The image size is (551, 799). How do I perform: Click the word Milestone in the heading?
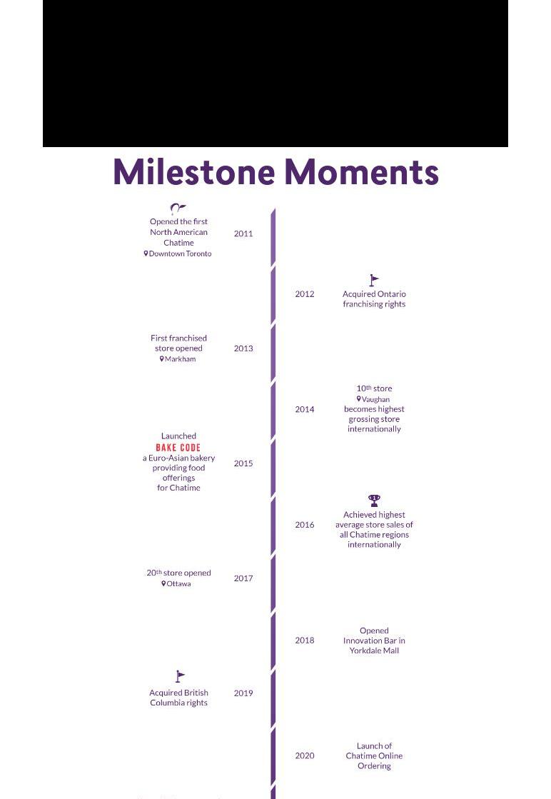click(x=193, y=172)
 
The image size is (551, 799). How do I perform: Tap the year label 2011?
click(x=243, y=233)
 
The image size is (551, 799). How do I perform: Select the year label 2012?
click(x=305, y=294)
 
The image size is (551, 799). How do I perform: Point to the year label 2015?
click(x=243, y=463)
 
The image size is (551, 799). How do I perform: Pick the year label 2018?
click(x=305, y=640)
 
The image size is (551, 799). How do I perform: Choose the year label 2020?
click(x=305, y=755)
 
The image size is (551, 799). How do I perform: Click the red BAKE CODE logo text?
click(x=178, y=448)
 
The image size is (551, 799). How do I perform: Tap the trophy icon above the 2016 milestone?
click(x=374, y=501)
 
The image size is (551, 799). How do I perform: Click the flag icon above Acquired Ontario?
click(x=374, y=281)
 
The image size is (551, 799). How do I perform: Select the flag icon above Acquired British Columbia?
click(x=180, y=676)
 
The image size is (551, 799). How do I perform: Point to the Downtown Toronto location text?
click(x=180, y=253)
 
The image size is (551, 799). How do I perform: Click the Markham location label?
click(x=179, y=359)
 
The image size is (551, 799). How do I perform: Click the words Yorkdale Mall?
click(x=374, y=650)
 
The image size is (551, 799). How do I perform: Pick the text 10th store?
click(x=374, y=388)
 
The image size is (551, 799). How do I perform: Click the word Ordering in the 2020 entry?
click(x=374, y=766)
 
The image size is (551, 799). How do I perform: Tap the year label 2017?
click(x=243, y=578)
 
